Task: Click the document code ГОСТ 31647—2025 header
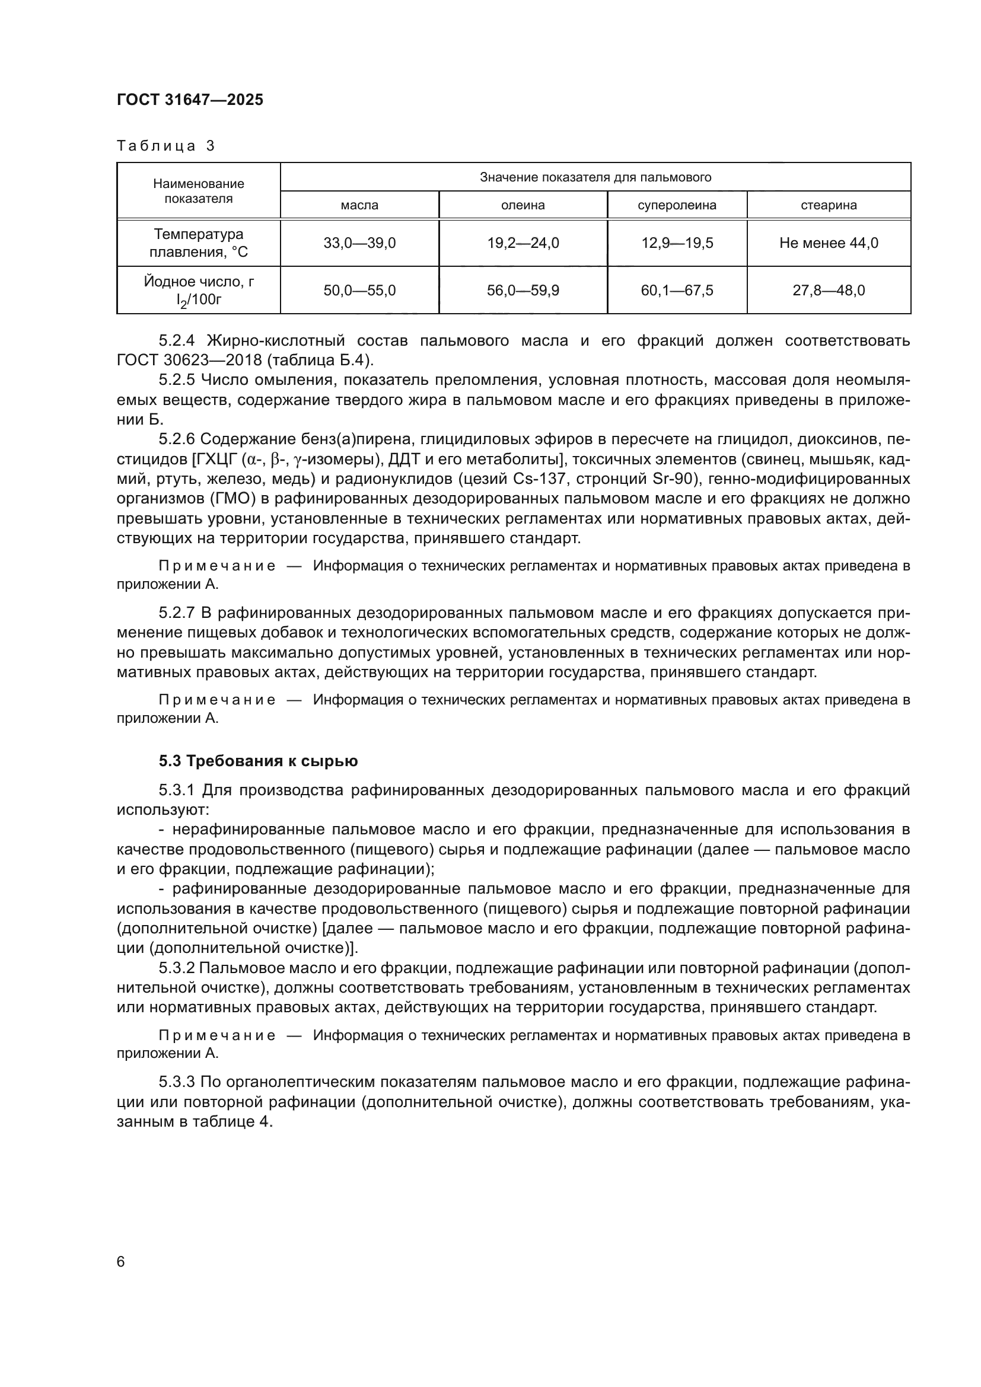click(190, 100)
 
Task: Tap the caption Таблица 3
click(165, 146)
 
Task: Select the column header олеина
click(523, 205)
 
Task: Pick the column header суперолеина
click(677, 205)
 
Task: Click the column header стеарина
click(828, 205)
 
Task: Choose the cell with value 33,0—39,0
click(359, 243)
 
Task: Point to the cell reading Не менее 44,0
click(828, 243)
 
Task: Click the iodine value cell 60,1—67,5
click(677, 291)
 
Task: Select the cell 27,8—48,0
click(828, 291)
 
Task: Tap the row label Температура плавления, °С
click(198, 243)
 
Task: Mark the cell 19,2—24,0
click(523, 243)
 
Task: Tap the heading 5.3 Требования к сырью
click(258, 761)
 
